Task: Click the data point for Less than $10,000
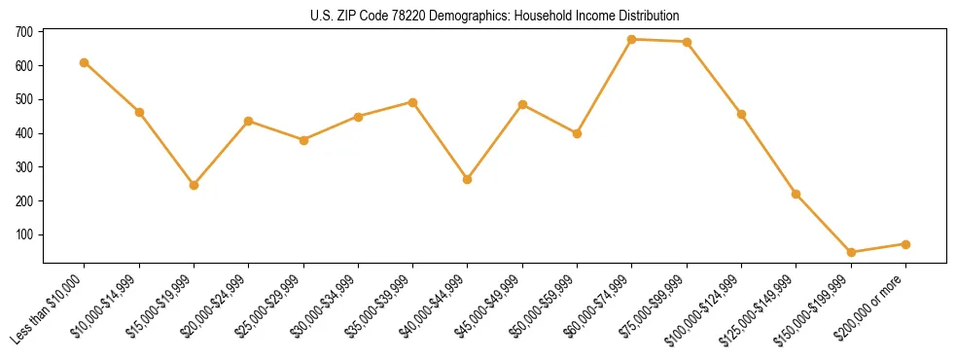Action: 85,62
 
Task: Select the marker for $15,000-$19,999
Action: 194,185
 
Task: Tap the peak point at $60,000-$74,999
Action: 632,40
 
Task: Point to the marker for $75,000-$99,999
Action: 687,42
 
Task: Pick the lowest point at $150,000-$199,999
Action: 851,252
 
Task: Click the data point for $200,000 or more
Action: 905,244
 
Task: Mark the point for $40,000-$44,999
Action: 468,179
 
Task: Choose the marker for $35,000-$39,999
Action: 412,102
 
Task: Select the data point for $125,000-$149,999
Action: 797,194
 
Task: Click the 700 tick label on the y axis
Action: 24,32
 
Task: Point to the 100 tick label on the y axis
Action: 24,234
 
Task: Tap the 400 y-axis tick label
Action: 24,133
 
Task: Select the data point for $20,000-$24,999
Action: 248,121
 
